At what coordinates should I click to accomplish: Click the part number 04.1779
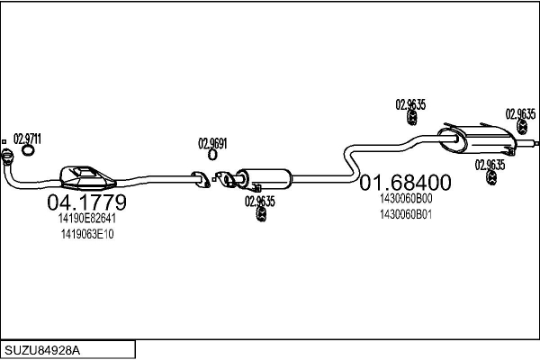click(86, 202)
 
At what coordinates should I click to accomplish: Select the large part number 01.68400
click(405, 182)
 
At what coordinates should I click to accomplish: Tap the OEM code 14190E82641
click(87, 218)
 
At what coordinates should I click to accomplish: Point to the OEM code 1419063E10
click(87, 234)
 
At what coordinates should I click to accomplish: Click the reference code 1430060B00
click(406, 198)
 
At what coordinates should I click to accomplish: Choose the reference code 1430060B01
click(406, 214)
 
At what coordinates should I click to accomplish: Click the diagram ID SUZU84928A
click(42, 350)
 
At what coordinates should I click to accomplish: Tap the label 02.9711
click(27, 139)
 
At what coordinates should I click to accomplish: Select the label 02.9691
click(212, 143)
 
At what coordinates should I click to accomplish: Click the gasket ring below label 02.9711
click(28, 150)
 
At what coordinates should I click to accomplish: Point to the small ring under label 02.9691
click(212, 155)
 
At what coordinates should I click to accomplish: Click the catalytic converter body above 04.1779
click(87, 178)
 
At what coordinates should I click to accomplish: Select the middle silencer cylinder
click(264, 179)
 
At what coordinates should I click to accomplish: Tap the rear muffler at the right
click(477, 139)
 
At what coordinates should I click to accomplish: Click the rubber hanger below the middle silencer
click(261, 214)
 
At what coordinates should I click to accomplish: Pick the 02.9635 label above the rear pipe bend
click(410, 104)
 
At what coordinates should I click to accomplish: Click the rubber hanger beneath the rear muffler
click(491, 177)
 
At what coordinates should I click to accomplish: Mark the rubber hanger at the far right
click(522, 127)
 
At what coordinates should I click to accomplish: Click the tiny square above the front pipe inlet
click(4, 141)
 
